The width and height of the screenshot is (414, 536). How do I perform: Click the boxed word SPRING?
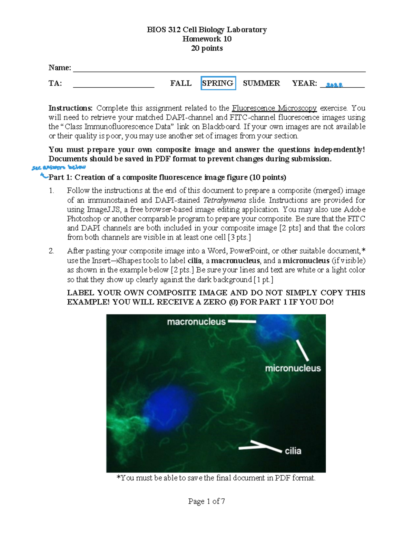click(x=218, y=83)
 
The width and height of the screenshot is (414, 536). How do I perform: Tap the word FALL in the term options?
click(x=181, y=83)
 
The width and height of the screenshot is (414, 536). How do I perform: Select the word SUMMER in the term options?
click(x=261, y=83)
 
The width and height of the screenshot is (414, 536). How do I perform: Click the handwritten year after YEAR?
click(x=334, y=85)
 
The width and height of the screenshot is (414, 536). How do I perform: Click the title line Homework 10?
click(x=207, y=39)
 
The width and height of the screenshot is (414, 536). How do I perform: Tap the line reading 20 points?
click(x=207, y=48)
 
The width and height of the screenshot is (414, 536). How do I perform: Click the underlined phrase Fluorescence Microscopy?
click(x=274, y=108)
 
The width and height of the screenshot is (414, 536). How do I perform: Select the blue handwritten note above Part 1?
click(x=58, y=168)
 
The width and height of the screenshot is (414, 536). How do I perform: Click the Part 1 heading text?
click(x=167, y=177)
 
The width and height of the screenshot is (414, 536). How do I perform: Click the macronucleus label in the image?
click(x=196, y=322)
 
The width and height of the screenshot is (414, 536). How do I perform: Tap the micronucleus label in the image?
click(x=293, y=368)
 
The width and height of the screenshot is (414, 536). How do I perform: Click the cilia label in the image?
click(x=293, y=451)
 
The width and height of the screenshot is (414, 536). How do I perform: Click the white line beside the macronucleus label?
click(x=242, y=322)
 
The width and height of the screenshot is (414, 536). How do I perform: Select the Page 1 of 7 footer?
click(x=207, y=501)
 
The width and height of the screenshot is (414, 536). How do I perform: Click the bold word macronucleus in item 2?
click(x=235, y=261)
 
